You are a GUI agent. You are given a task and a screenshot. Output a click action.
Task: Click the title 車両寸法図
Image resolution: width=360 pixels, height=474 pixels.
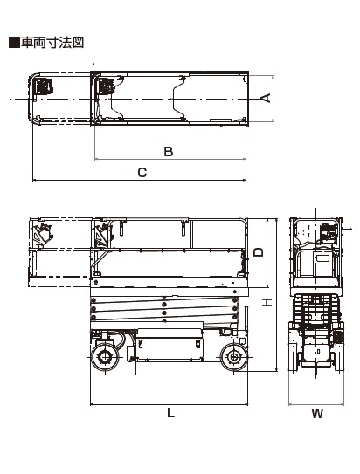point(52,43)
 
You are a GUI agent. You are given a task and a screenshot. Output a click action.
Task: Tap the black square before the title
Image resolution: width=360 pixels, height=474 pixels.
point(14,43)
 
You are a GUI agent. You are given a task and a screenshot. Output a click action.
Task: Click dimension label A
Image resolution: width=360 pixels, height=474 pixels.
point(266,98)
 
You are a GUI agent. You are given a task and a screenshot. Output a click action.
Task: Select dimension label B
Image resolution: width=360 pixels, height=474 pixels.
point(169,151)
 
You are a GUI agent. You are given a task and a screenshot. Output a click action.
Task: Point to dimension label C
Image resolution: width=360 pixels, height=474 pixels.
point(142,173)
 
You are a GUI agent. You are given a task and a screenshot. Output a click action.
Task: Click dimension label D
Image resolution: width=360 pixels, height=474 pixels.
point(259,251)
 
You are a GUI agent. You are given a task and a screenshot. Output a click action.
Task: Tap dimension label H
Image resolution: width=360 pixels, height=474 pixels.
point(267,302)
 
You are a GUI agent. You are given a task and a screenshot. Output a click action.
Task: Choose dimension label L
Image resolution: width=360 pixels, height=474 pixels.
point(171,412)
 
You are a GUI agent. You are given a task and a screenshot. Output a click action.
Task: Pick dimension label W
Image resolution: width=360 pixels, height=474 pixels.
point(317,413)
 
